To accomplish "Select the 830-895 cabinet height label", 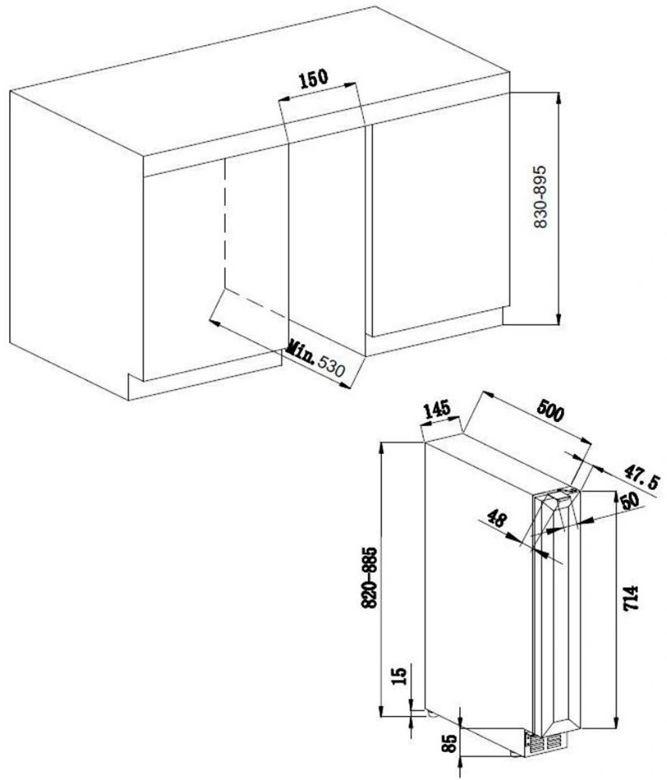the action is coord(540,197).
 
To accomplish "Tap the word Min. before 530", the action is coord(302,352).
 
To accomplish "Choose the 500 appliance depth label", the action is coord(550,411).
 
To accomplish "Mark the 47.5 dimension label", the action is coord(643,476).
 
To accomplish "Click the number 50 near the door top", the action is coord(630,500).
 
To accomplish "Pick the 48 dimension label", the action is coord(496,518).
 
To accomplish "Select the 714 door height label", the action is coord(630,598).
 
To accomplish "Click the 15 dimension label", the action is coord(399,675).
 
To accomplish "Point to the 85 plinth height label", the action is coord(450,743).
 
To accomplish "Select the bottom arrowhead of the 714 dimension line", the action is coord(616,723).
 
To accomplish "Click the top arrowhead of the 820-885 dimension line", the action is coord(381,448).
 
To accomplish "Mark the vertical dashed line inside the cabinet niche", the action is coord(224,222).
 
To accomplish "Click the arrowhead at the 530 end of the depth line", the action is coord(344,384).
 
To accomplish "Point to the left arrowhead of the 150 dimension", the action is coord(284,100).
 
